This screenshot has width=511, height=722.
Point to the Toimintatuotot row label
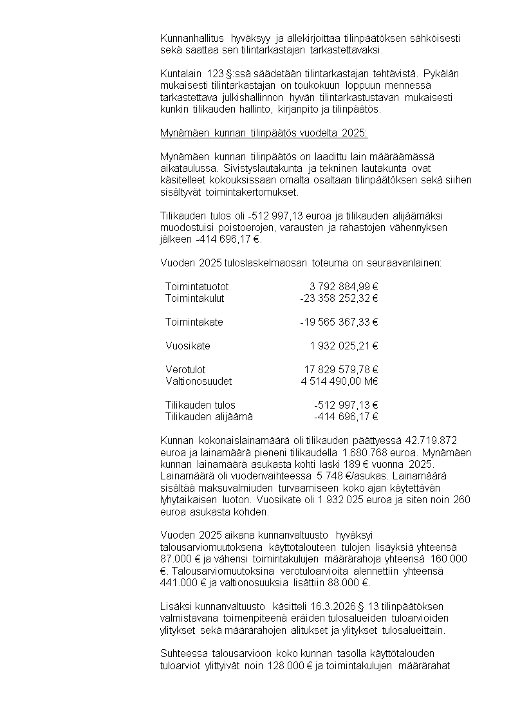point(197,286)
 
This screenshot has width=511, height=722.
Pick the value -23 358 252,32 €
point(339,298)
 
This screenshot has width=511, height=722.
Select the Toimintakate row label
point(194,322)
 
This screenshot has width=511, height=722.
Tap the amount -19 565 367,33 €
point(339,322)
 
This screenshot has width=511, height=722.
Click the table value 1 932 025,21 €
point(344,346)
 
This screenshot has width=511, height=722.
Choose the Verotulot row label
point(185,369)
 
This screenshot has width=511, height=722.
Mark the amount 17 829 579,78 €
point(340,369)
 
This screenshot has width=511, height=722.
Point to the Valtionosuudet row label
point(198,381)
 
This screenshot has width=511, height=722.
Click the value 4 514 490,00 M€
point(339,381)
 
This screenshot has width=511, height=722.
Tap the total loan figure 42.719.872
point(430,440)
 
